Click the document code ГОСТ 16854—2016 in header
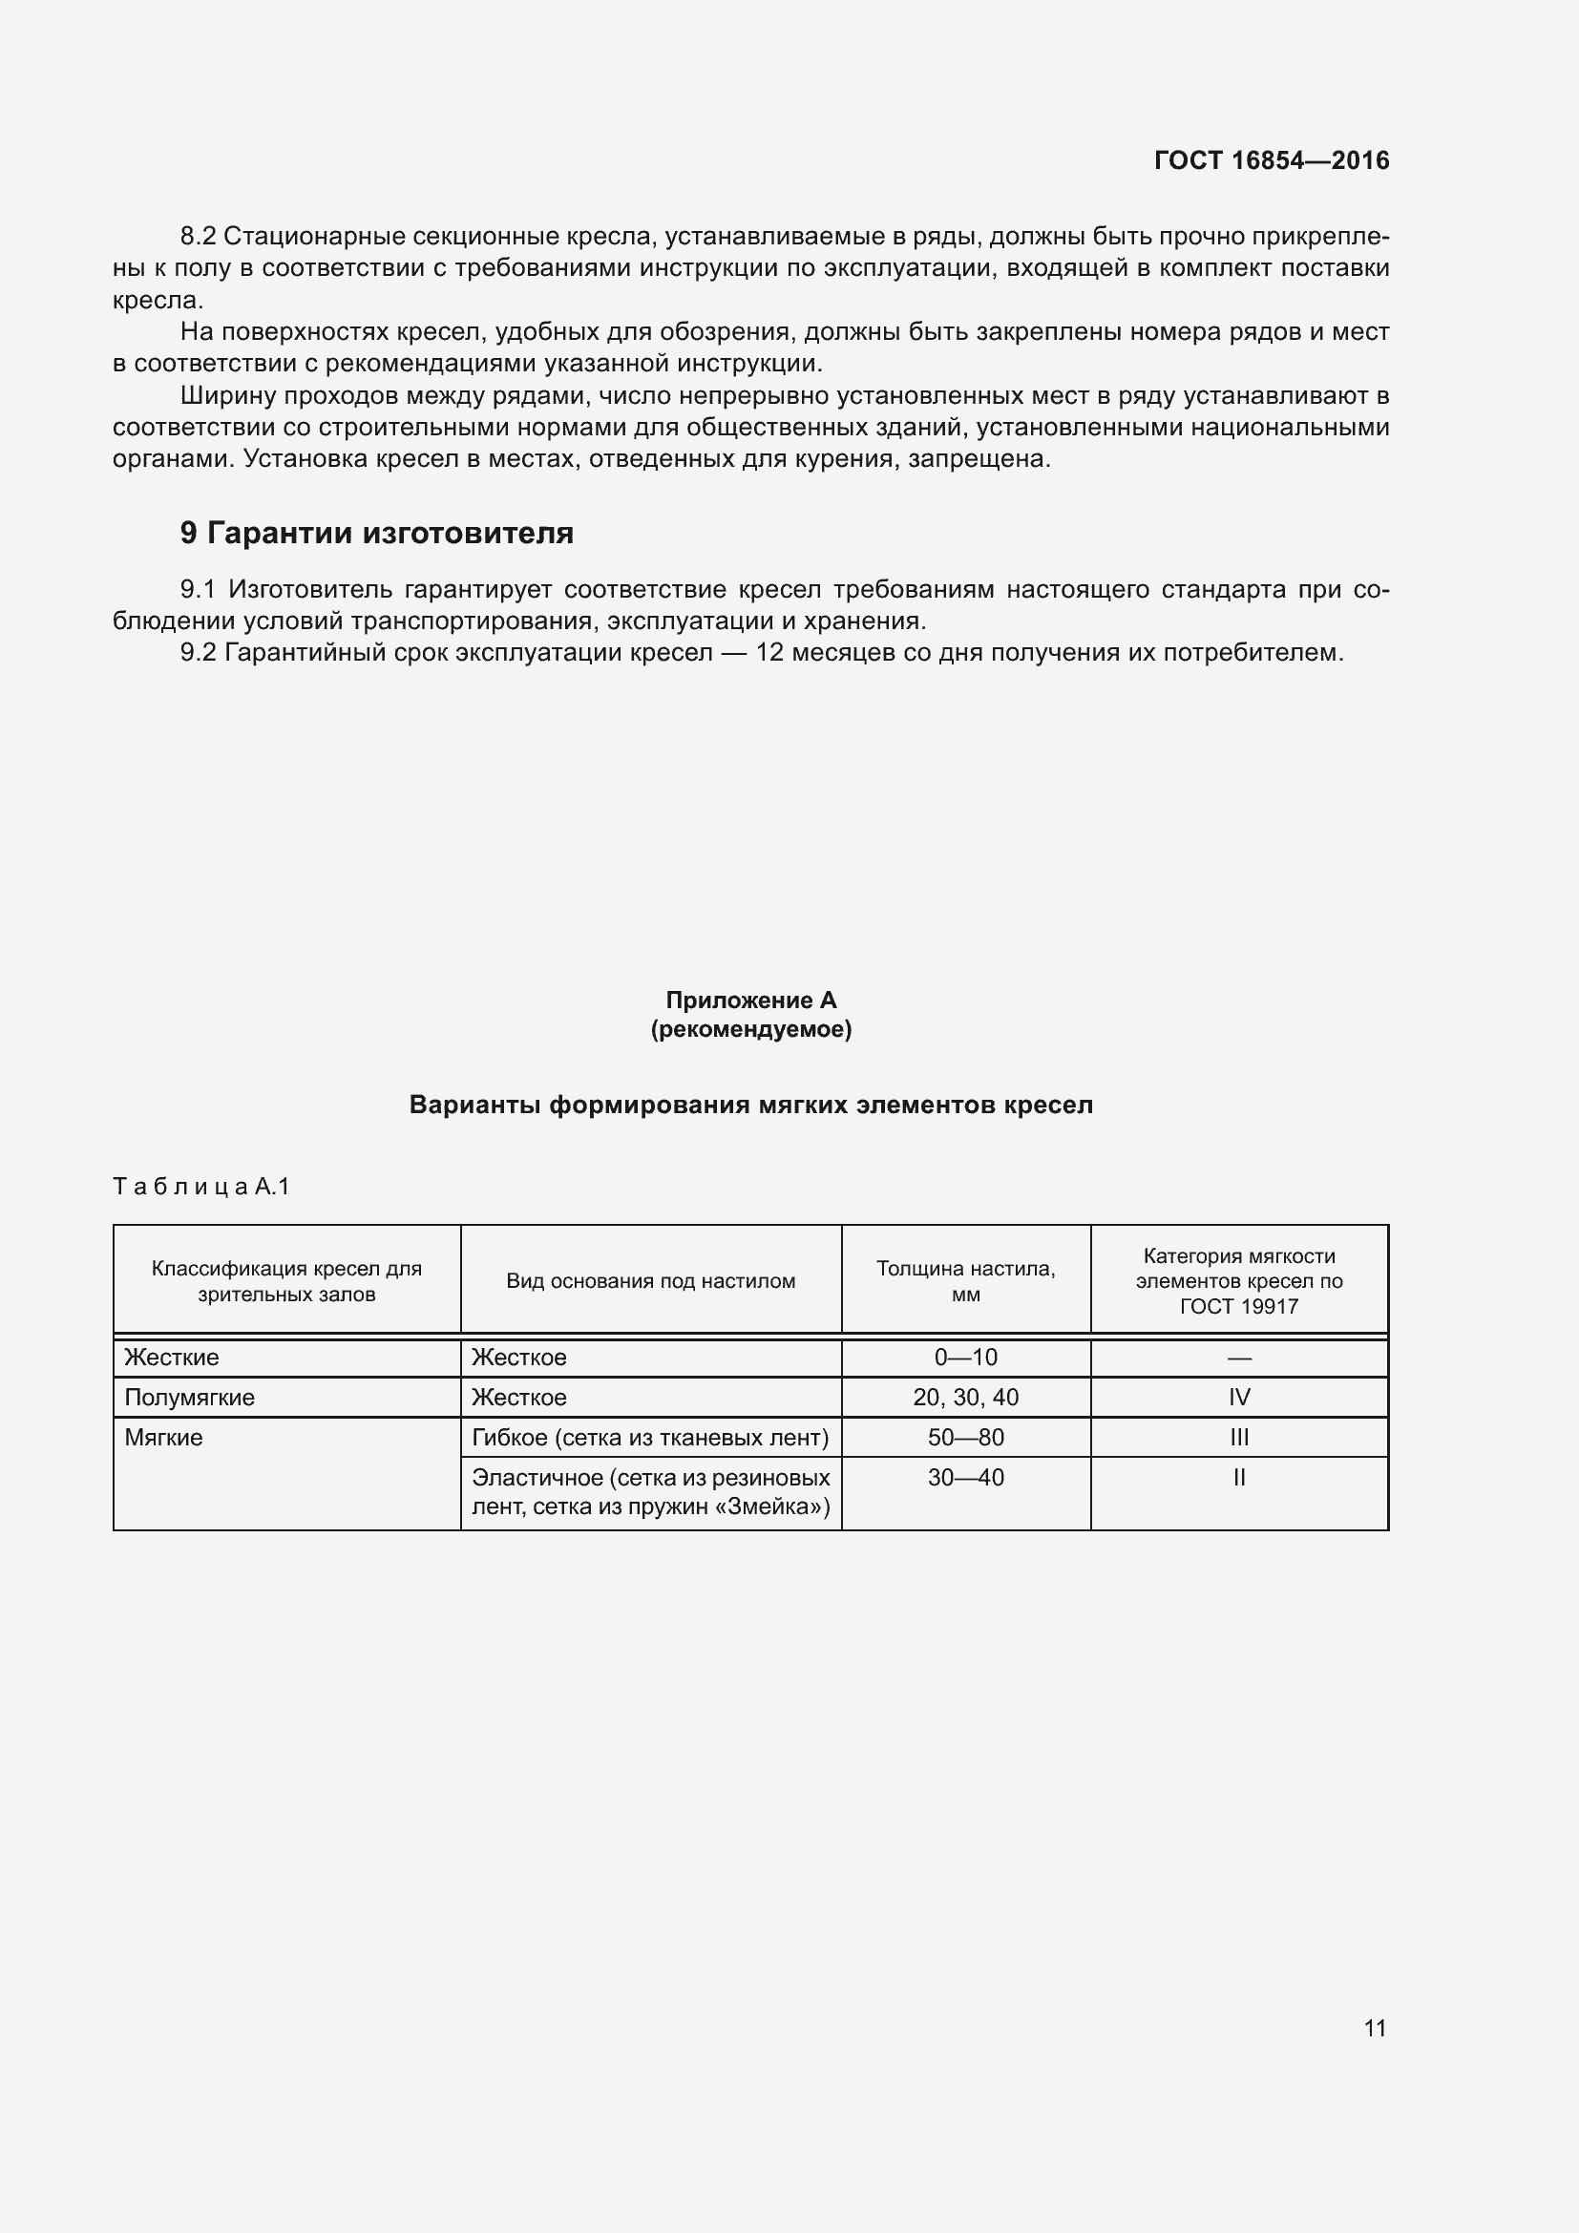(1271, 160)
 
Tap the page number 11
(1374, 2028)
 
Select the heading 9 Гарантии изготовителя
(376, 533)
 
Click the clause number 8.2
(198, 237)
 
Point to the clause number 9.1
(198, 589)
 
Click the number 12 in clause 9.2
(769, 653)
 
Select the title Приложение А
(750, 1000)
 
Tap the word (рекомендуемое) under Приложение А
(750, 1029)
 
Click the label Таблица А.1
(201, 1187)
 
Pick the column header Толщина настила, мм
(965, 1281)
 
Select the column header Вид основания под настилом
(650, 1281)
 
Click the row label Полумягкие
(190, 1398)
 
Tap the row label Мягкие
(163, 1438)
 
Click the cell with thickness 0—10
(965, 1358)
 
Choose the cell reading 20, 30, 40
(965, 1398)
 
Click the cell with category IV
(1239, 1398)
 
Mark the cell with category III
(1239, 1438)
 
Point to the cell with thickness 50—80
(965, 1438)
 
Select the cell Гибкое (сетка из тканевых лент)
(649, 1438)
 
